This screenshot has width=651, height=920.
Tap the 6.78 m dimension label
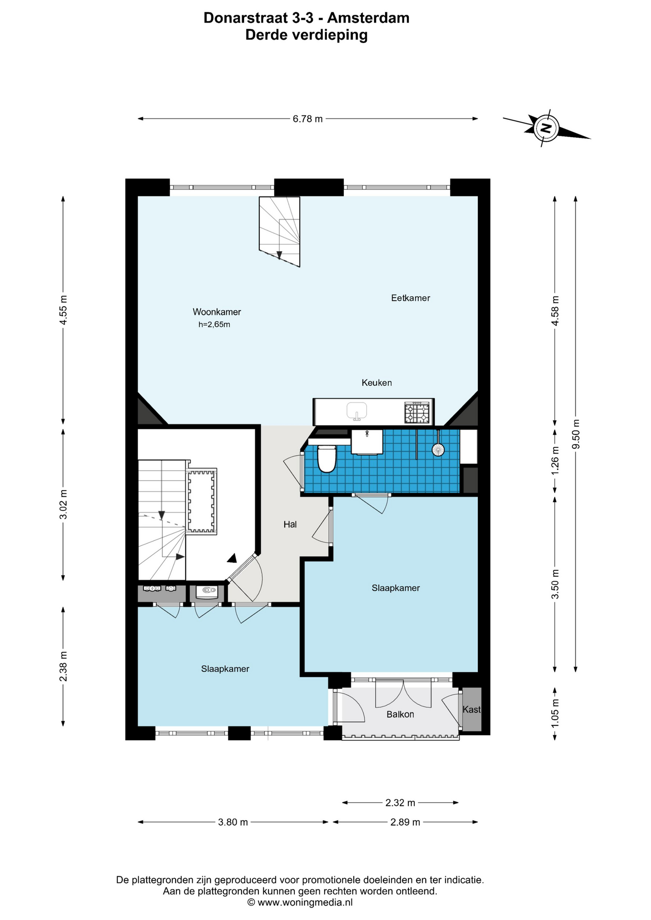pyautogui.click(x=308, y=119)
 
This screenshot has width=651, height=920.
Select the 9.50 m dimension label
pyautogui.click(x=576, y=434)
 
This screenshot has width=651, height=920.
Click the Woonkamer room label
pyautogui.click(x=217, y=312)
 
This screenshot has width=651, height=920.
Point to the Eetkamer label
pyautogui.click(x=410, y=298)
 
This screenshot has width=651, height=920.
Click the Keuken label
pyautogui.click(x=376, y=383)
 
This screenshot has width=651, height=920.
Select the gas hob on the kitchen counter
pyautogui.click(x=417, y=413)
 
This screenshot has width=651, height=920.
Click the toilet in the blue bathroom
pyautogui.click(x=326, y=459)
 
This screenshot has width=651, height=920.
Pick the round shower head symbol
pyautogui.click(x=438, y=449)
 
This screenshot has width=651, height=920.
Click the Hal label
pyautogui.click(x=290, y=525)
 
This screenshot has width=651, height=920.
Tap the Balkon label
pyautogui.click(x=400, y=714)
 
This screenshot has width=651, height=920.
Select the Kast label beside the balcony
pyautogui.click(x=471, y=710)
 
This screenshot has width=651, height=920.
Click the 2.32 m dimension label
pyautogui.click(x=400, y=803)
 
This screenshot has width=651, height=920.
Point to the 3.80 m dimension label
pyautogui.click(x=233, y=822)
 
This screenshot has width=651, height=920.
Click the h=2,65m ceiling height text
pyautogui.click(x=214, y=324)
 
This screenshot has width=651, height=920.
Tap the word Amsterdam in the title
pyautogui.click(x=368, y=18)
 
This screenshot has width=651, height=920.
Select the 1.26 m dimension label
pyautogui.click(x=556, y=460)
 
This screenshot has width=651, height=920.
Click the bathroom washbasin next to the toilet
pyautogui.click(x=367, y=442)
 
